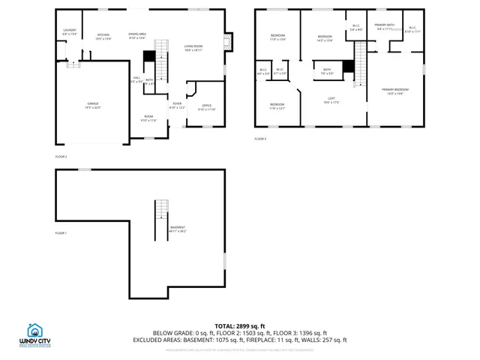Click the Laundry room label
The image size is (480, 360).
tap(69, 30)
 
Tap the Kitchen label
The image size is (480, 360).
tap(103, 35)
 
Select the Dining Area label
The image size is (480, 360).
tap(137, 34)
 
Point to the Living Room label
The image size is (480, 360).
tap(194, 46)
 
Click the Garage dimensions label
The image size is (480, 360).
tap(93, 107)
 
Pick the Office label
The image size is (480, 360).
tap(206, 106)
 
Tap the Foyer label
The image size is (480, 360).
tap(177, 103)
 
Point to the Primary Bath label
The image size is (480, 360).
tap(385, 25)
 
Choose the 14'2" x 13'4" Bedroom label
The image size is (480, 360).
tap(324, 37)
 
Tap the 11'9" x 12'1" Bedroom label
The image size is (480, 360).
tap(277, 104)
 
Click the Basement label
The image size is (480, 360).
tap(177, 227)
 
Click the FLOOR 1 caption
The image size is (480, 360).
tap(61, 233)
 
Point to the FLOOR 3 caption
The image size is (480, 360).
tap(260, 139)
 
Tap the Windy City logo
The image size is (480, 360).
tap(34, 334)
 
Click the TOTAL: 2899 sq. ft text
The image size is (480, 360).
tap(239, 326)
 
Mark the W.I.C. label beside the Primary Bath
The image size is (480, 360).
tap(412, 28)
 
